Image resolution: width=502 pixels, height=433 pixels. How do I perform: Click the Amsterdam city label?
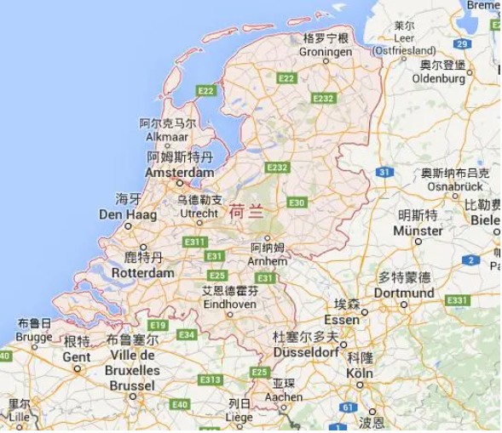coord(179,172)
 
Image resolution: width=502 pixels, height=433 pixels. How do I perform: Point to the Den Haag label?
coord(128,214)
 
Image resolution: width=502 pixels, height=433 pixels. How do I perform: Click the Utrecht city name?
coord(198,214)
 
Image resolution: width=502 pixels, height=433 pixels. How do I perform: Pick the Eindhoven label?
coord(228,304)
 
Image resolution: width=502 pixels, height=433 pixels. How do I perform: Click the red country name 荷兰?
coord(247,213)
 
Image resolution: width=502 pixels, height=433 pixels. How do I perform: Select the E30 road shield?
coord(297,202)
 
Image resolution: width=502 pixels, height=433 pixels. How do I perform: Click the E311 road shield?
coord(195,242)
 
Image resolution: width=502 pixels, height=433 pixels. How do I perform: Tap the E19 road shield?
coord(157,325)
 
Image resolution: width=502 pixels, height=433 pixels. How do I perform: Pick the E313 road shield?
coord(210,379)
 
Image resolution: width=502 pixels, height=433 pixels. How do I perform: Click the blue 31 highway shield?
coord(384,172)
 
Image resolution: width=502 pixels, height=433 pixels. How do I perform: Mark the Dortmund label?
coord(404,293)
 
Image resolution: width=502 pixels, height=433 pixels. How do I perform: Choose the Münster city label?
coord(418,231)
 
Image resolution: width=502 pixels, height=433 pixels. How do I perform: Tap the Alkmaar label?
coord(168,136)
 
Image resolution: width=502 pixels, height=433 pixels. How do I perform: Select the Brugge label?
coord(34,337)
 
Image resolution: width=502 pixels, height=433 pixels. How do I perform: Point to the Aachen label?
coord(284,396)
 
